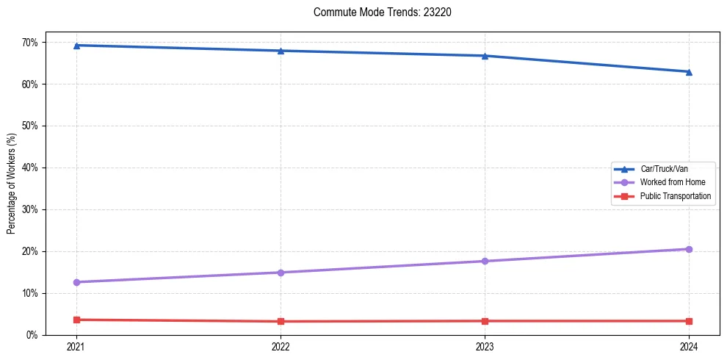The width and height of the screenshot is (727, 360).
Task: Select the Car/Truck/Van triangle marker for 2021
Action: tap(76, 46)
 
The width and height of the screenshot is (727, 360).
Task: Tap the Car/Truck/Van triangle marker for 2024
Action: tap(689, 72)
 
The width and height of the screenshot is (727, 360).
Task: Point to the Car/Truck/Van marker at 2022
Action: tap(281, 51)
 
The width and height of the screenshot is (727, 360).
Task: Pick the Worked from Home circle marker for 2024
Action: tap(689, 249)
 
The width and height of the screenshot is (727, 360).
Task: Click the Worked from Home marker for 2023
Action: tap(485, 261)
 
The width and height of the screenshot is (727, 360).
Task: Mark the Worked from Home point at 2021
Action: tap(76, 282)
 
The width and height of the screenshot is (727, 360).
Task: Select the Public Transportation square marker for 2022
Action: tap(281, 321)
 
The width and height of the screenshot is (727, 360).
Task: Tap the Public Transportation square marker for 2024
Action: tap(689, 321)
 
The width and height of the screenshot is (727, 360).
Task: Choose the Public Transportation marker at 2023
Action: tap(485, 321)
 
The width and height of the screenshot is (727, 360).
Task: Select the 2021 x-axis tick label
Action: tap(76, 346)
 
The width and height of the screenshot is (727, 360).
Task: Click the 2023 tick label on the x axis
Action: tap(485, 346)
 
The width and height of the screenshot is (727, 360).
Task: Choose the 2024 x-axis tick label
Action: tap(689, 346)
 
